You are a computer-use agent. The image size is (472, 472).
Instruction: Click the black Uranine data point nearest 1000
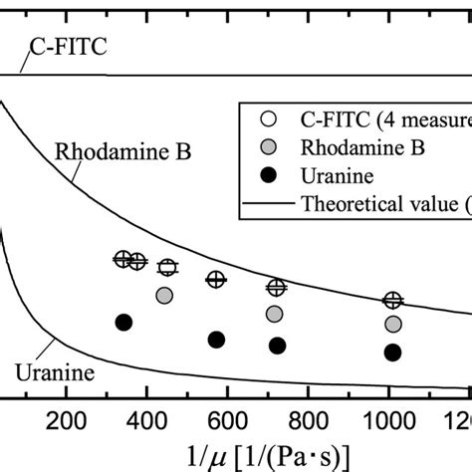393,353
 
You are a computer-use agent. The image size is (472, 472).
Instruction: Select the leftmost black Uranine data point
123,322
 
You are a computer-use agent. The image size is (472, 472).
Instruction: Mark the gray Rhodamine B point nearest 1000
393,325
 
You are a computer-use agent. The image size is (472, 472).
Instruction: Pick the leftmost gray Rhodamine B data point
164,295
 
